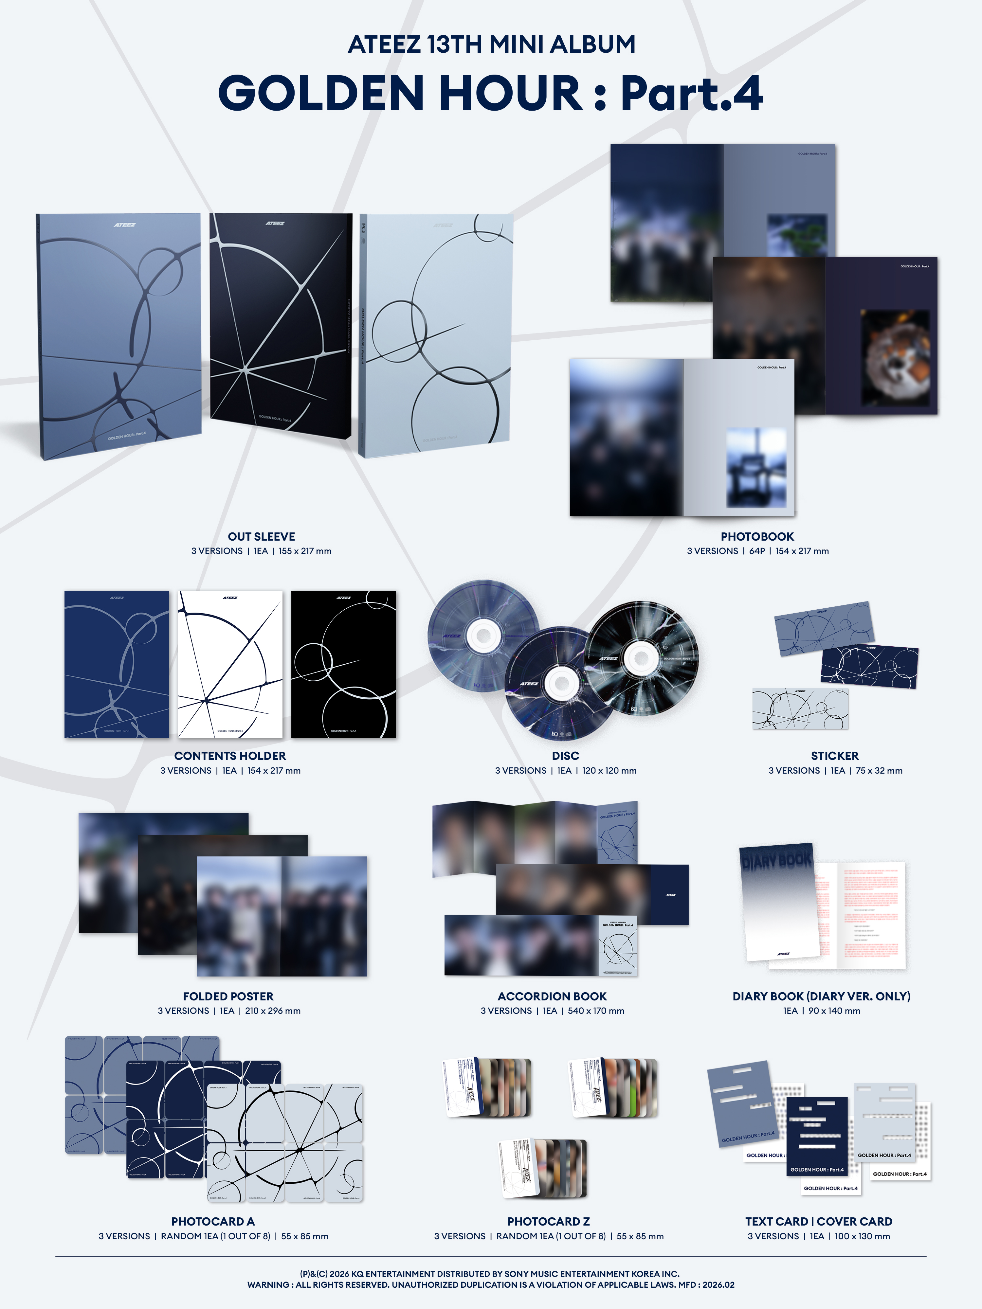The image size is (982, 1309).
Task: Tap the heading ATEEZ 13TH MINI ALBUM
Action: [491, 45]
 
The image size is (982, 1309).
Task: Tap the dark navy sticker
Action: [869, 667]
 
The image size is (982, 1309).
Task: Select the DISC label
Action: [565, 756]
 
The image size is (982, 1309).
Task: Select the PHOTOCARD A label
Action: [212, 1221]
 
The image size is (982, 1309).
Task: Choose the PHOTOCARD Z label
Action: [548, 1221]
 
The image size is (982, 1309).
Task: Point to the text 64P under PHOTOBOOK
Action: [757, 551]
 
